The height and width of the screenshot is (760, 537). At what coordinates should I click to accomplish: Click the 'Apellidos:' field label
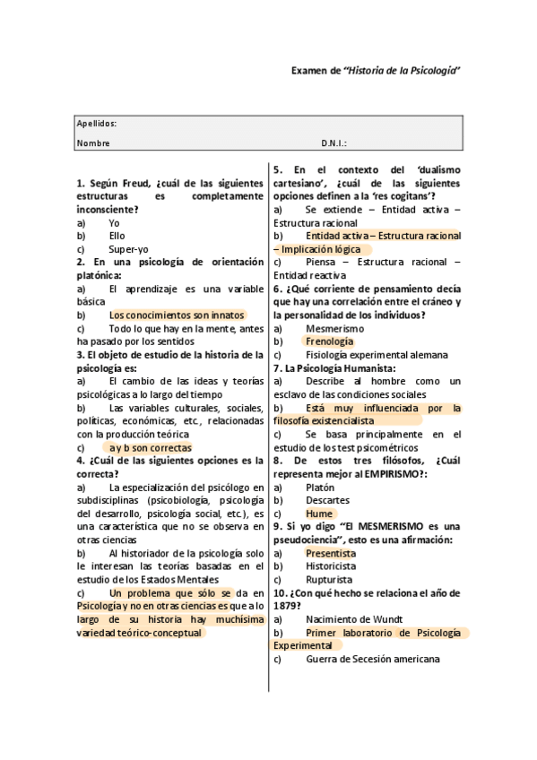tap(96, 124)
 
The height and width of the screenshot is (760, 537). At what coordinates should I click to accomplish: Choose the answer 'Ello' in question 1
tap(117, 236)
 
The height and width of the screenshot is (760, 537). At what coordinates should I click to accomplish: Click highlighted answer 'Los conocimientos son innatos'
tap(176, 315)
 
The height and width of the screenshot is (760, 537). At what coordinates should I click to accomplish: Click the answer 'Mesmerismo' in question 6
tap(334, 328)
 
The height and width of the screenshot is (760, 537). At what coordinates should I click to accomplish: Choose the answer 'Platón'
tap(320, 487)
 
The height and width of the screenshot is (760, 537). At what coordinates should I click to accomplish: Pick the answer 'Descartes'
tap(327, 500)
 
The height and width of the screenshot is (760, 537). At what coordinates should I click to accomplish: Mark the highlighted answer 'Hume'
tap(318, 514)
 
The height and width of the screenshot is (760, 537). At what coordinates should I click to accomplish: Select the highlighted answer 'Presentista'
tap(330, 553)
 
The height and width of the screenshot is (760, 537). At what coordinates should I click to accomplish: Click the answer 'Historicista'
tap(333, 566)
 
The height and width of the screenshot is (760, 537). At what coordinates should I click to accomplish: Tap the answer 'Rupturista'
tap(329, 580)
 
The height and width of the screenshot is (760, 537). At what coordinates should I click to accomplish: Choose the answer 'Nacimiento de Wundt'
tap(353, 619)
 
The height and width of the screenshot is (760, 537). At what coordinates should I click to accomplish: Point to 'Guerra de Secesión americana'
tap(372, 660)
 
